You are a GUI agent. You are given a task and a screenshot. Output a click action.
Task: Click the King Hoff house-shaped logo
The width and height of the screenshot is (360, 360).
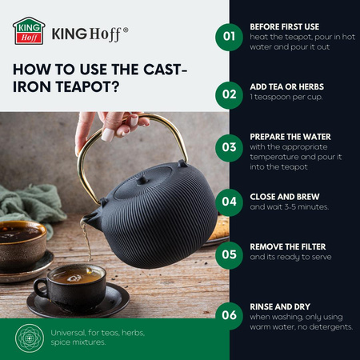pyautogui.click(x=29, y=31)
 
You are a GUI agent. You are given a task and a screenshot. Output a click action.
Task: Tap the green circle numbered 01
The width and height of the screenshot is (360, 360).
pyautogui.click(x=229, y=37)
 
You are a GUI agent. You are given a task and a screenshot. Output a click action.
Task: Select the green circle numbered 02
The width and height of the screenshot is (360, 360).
pyautogui.click(x=229, y=95)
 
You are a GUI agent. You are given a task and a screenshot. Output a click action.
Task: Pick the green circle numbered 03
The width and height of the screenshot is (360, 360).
pyautogui.click(x=229, y=148)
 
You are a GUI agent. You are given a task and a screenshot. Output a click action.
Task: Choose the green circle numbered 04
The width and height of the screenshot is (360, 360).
pyautogui.click(x=229, y=202)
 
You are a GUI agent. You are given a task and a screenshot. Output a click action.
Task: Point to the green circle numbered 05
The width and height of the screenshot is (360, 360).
pyautogui.click(x=229, y=255)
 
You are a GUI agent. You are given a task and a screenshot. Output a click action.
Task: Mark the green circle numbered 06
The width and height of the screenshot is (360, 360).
pyautogui.click(x=229, y=316)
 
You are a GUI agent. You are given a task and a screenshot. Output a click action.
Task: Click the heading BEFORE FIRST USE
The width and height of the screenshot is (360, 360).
pyautogui.click(x=285, y=27)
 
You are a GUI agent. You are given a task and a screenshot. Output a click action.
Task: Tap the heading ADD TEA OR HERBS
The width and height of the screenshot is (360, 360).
pyautogui.click(x=287, y=87)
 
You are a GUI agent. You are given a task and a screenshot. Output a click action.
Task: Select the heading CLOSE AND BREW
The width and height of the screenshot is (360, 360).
pyautogui.click(x=285, y=197)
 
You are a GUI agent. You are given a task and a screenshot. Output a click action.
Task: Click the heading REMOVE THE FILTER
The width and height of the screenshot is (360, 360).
pyautogui.click(x=288, y=247)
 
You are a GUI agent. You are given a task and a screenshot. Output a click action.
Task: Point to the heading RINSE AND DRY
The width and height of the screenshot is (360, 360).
pyautogui.click(x=280, y=307)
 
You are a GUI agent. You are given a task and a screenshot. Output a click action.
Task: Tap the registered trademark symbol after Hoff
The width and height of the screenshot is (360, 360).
pyautogui.click(x=126, y=30)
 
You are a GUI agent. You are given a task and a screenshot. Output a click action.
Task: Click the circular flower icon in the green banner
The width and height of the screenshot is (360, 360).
pyautogui.click(x=30, y=338)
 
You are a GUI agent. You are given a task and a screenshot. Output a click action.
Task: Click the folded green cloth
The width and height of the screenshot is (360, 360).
pyautogui.click(x=30, y=205)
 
